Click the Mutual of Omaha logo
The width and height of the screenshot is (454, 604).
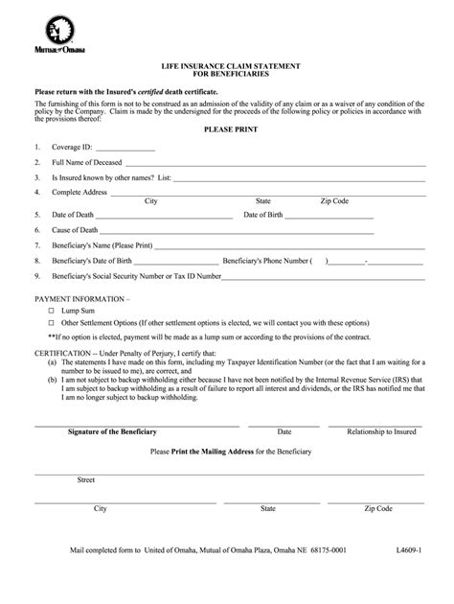(58, 35)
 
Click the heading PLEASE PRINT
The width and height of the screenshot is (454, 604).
(226, 128)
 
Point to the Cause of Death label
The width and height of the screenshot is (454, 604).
(75, 231)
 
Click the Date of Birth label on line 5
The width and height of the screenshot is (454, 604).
(264, 215)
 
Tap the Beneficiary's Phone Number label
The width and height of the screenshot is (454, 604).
(265, 261)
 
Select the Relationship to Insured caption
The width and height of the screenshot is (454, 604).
(381, 432)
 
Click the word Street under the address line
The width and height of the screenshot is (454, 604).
(86, 478)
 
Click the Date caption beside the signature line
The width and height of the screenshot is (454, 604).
(284, 432)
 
